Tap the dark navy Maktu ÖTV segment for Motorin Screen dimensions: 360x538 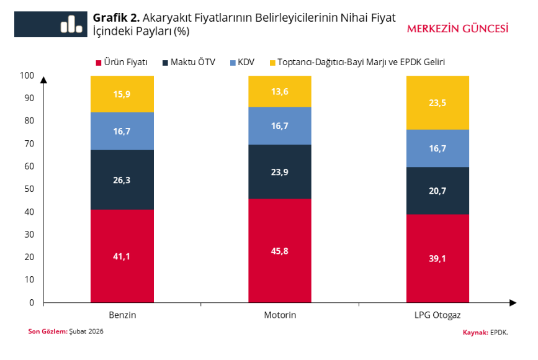pyautogui.click(x=280, y=171)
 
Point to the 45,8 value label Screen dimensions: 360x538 pyautogui.click(x=280, y=251)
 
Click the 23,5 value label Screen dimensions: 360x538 pyautogui.click(x=437, y=103)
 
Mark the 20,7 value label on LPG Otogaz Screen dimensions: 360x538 pyautogui.click(x=437, y=191)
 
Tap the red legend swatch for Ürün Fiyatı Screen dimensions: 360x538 pyautogui.click(x=97, y=63)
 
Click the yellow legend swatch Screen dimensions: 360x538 pyautogui.click(x=272, y=63)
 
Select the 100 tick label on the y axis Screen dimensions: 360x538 pyautogui.click(x=27, y=75)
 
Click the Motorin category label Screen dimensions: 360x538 pyautogui.click(x=280, y=315)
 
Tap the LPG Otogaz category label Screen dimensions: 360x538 pyautogui.click(x=437, y=315)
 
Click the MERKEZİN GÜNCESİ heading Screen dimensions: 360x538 pyautogui.click(x=457, y=29)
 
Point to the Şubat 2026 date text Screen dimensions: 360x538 pyautogui.click(x=86, y=331)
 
